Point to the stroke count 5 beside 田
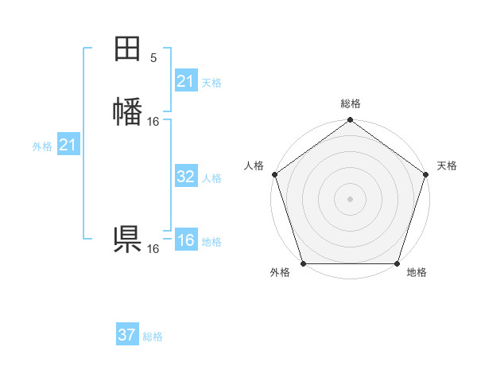pyautogui.click(x=153, y=57)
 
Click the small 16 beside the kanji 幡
pyautogui.click(x=153, y=122)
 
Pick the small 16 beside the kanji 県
pyautogui.click(x=153, y=249)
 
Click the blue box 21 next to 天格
pyautogui.click(x=185, y=81)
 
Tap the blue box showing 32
pyautogui.click(x=185, y=177)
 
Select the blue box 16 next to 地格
pyautogui.click(x=185, y=240)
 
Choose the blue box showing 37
pyautogui.click(x=126, y=335)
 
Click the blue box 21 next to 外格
pyautogui.click(x=68, y=145)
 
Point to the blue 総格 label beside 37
pyautogui.click(x=153, y=337)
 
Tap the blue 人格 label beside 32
pyautogui.click(x=212, y=178)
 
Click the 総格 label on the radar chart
pyautogui.click(x=350, y=103)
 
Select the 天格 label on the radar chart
pyautogui.click(x=447, y=166)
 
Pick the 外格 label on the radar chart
pyautogui.click(x=280, y=272)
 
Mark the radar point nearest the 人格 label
pyautogui.click(x=274, y=173)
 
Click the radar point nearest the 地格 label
pyautogui.click(x=397, y=263)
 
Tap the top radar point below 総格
pyautogui.click(x=350, y=120)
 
